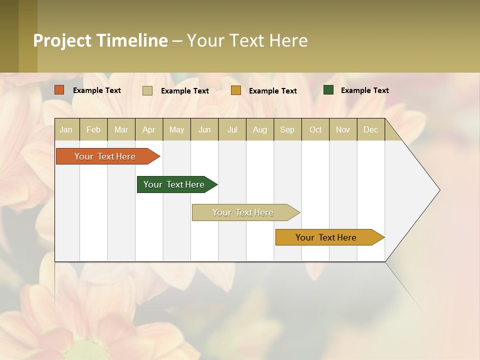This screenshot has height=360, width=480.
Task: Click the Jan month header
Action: [x=66, y=129]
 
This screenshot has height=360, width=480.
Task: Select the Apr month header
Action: [x=148, y=129]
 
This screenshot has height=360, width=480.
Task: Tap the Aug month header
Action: [x=259, y=129]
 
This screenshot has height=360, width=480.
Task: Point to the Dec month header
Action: [x=370, y=129]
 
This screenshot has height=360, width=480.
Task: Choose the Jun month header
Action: [x=204, y=129]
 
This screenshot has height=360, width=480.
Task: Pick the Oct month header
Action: [x=315, y=129]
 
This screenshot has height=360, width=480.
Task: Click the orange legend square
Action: [x=59, y=90]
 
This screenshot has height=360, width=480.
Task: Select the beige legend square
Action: [x=147, y=90]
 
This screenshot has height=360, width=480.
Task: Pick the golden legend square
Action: [x=236, y=90]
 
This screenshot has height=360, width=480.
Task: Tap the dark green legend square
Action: [x=328, y=90]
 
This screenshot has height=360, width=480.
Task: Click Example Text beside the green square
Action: [x=364, y=90]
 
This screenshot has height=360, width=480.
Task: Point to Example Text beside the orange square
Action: [x=96, y=90]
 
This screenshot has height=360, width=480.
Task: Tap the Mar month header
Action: [x=121, y=129]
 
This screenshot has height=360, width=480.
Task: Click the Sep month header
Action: [x=287, y=129]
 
